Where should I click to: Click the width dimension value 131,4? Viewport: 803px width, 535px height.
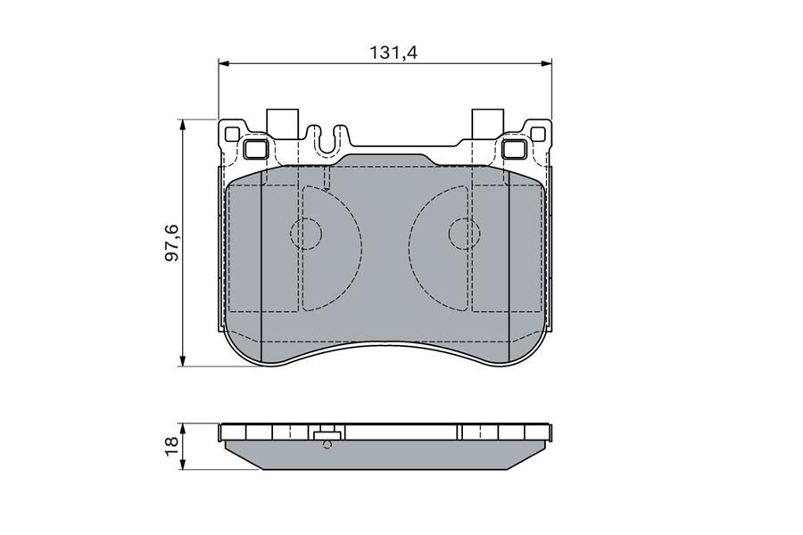click(x=393, y=53)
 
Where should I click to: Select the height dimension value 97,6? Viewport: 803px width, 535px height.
click(x=172, y=243)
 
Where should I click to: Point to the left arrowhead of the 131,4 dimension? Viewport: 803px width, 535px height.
click(x=223, y=63)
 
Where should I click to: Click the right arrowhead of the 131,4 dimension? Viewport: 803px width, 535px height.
click(x=547, y=63)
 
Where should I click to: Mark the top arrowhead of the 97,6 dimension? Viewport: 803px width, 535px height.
click(x=182, y=125)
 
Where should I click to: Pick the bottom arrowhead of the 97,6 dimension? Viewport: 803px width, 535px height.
click(x=182, y=361)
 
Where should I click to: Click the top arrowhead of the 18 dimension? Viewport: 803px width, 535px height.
click(x=182, y=428)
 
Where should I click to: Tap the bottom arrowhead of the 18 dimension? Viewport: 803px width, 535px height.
click(x=182, y=465)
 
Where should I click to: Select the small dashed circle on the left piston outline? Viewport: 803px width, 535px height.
click(x=306, y=234)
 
